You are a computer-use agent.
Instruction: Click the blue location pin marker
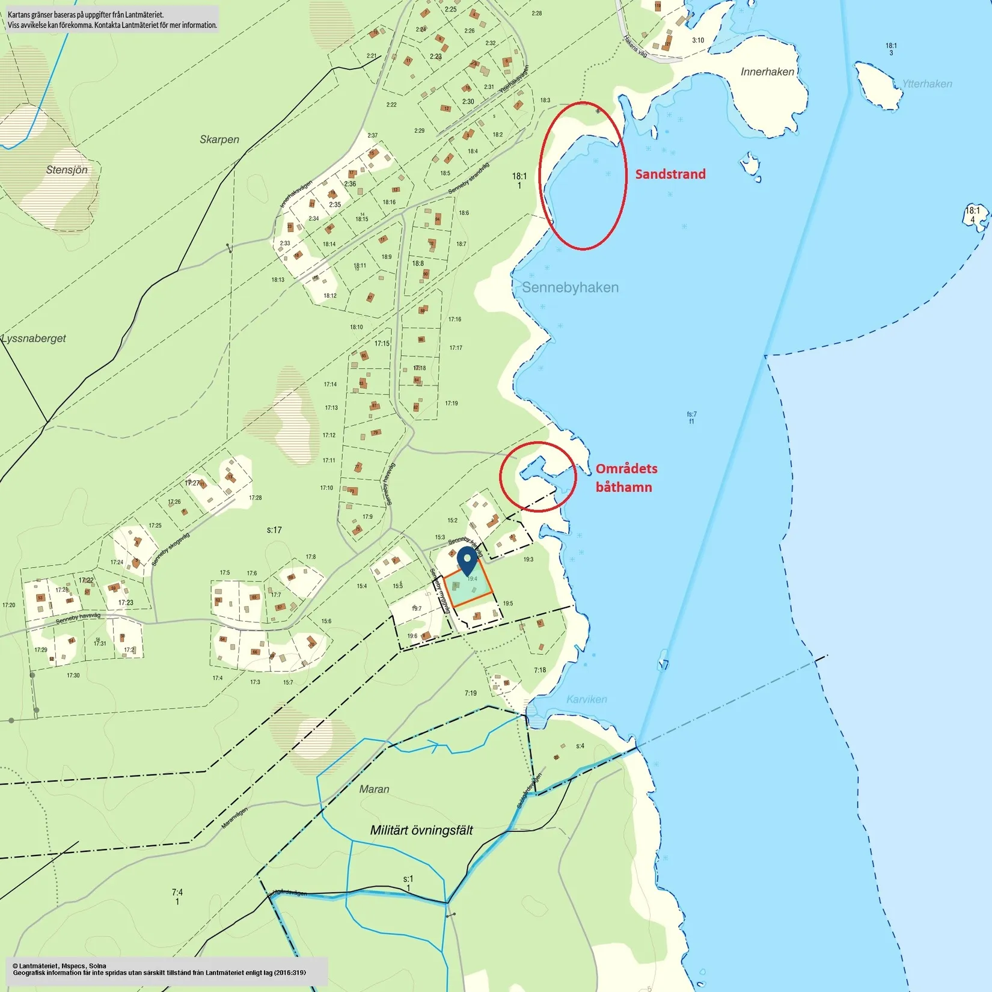coord(467,561)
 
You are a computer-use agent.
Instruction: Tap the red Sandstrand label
coord(670,174)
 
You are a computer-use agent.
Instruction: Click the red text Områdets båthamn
coord(626,478)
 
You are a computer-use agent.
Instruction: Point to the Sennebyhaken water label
coord(570,287)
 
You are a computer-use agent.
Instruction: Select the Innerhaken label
coord(767,72)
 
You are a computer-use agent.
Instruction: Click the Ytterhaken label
coord(926,84)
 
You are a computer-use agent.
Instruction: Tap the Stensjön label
coord(67,170)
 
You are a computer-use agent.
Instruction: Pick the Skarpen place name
coord(219,139)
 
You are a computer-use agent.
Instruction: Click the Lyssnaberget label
coord(34,338)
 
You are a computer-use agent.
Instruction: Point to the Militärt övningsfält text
coord(421,830)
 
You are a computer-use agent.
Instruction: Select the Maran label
coord(374,789)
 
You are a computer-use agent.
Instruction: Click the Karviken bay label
coord(586,699)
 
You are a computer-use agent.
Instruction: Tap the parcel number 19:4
coord(473,579)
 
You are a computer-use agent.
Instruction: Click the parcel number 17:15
coord(382,344)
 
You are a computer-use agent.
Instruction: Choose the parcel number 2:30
coord(468,102)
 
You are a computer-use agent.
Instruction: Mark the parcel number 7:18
coord(540,670)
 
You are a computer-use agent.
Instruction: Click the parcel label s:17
coord(274,530)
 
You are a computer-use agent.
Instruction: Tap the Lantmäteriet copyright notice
coord(159,969)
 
